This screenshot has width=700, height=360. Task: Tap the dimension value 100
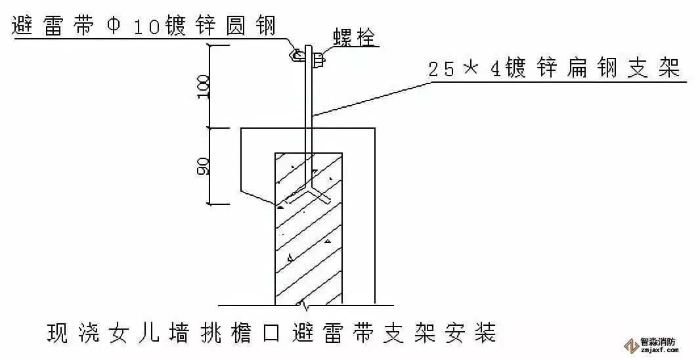click(203, 85)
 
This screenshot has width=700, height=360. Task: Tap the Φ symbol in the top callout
click(112, 26)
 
